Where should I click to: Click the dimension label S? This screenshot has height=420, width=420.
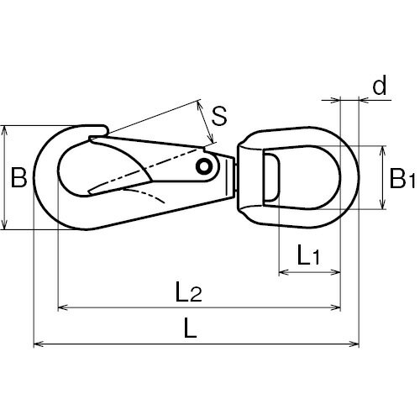[x=219, y=116]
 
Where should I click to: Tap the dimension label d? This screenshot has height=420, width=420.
[x=380, y=85]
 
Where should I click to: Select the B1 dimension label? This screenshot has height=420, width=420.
[x=402, y=178]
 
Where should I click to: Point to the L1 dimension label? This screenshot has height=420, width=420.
[x=308, y=255]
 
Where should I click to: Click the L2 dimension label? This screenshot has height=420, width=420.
[x=188, y=291]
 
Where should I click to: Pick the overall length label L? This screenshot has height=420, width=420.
[x=191, y=328]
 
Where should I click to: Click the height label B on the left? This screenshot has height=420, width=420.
[x=18, y=177]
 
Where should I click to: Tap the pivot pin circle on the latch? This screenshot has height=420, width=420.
[x=204, y=167]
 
